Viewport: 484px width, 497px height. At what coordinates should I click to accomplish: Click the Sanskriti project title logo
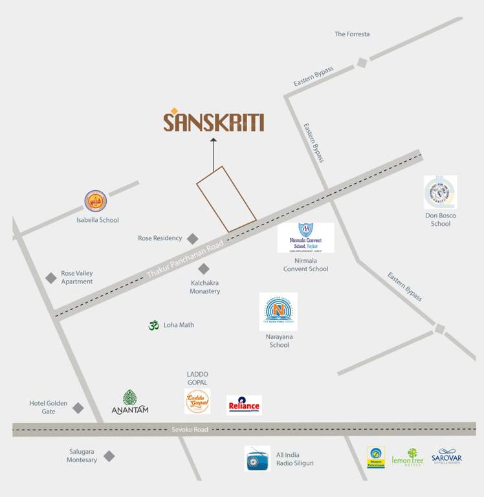click(x=214, y=121)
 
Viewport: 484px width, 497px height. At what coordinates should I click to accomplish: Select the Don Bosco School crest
click(x=440, y=192)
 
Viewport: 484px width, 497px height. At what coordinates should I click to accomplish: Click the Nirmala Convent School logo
click(x=305, y=237)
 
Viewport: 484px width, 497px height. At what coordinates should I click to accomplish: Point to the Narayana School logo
click(x=278, y=311)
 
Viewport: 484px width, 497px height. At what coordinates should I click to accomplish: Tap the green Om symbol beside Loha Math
click(x=153, y=325)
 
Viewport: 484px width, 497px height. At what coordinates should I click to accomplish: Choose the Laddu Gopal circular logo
click(x=197, y=401)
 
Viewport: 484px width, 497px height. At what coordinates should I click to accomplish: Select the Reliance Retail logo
click(x=244, y=405)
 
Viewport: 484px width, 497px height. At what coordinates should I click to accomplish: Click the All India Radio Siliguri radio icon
click(x=257, y=458)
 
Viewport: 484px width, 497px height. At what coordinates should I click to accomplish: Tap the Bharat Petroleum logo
click(x=375, y=458)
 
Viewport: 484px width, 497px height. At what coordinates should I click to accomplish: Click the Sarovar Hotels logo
click(x=446, y=457)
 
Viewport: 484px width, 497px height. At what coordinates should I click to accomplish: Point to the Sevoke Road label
click(x=190, y=430)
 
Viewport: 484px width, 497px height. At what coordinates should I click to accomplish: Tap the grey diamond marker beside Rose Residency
click(x=192, y=238)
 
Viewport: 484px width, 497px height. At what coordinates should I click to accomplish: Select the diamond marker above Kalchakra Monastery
click(x=204, y=269)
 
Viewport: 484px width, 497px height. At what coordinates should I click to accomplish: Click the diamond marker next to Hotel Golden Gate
click(x=78, y=408)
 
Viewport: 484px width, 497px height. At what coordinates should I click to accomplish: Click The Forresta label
click(x=352, y=34)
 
